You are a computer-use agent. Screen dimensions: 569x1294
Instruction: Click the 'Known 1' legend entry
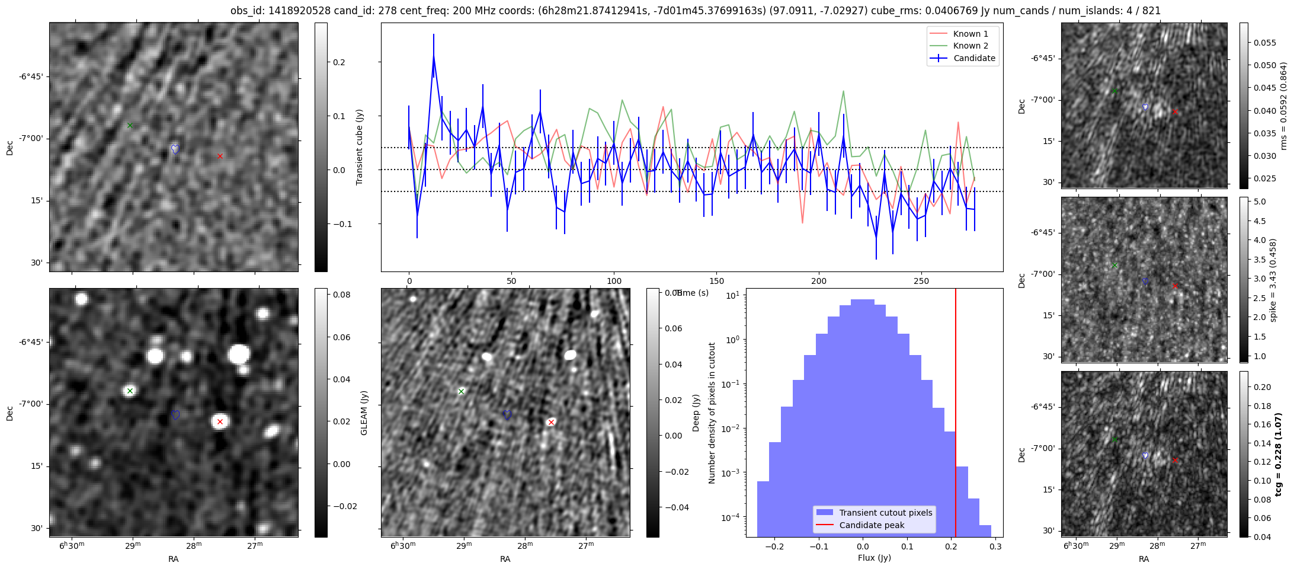970,34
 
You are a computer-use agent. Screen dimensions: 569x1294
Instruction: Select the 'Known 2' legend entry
970,46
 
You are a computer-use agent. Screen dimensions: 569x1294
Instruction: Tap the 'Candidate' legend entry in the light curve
974,58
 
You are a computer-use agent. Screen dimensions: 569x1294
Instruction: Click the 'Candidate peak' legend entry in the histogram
872,525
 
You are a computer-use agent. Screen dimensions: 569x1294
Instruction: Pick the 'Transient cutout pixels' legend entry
885,513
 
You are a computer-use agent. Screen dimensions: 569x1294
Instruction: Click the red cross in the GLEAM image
220,422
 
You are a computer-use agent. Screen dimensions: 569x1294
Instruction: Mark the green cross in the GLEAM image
130,391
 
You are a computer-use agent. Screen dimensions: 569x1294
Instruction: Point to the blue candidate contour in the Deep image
507,415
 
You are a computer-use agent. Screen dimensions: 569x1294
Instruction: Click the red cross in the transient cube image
220,156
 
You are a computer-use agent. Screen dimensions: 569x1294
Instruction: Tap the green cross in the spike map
1114,265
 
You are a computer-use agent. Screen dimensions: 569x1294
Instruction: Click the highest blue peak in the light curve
434,56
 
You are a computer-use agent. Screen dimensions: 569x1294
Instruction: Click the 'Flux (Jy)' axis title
874,558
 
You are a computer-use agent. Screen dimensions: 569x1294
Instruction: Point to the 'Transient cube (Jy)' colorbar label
360,147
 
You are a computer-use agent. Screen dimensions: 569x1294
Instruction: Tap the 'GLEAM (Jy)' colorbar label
364,413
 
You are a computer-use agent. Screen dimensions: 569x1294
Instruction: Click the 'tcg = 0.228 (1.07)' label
1278,454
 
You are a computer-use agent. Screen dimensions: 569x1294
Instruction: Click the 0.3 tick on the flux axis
995,547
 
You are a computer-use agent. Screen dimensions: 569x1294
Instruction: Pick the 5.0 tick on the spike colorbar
1259,202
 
